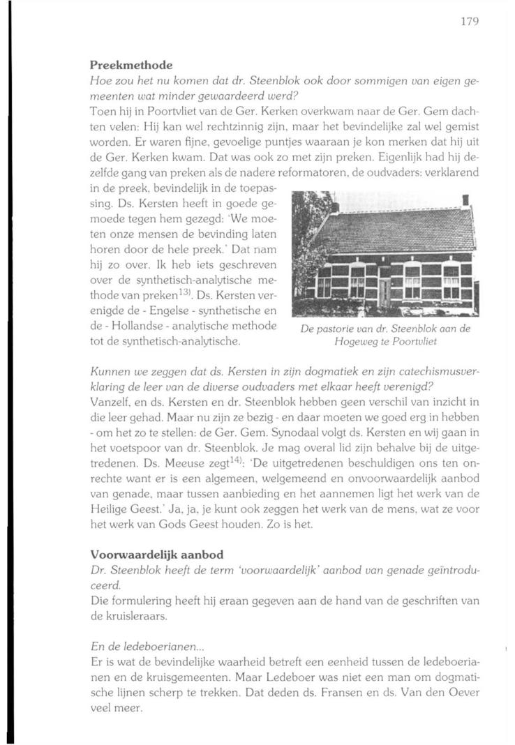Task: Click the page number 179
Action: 469,22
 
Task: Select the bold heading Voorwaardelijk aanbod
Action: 157,555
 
